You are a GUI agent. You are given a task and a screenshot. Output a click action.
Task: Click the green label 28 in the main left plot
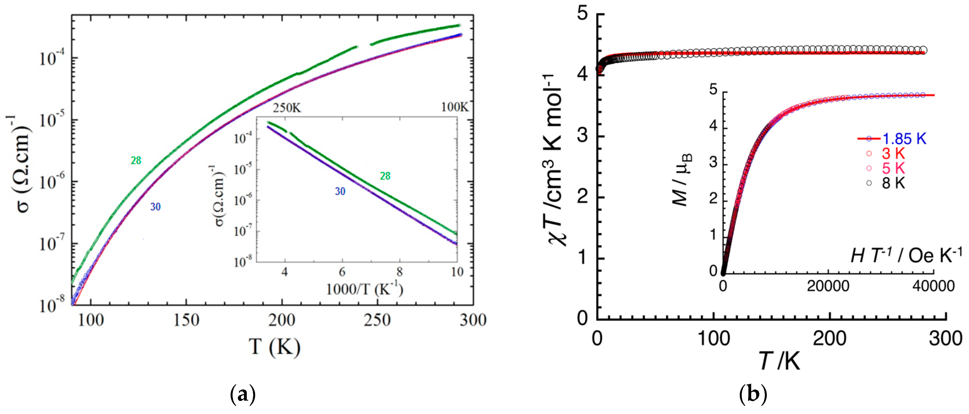tap(136, 161)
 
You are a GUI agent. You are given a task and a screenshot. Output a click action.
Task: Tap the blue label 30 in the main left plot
tap(155, 207)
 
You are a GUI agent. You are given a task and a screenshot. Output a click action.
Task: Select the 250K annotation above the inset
tap(287, 108)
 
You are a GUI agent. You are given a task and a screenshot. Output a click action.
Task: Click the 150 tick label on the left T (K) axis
tap(186, 320)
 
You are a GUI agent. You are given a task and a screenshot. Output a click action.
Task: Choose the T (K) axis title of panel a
tap(274, 347)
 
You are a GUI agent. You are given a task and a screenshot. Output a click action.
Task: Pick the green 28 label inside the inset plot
tap(385, 176)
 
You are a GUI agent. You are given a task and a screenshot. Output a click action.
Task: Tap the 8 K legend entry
tap(894, 183)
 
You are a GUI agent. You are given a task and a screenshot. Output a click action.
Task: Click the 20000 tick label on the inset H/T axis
tap(828, 286)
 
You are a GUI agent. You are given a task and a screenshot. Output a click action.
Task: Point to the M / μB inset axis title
tap(682, 180)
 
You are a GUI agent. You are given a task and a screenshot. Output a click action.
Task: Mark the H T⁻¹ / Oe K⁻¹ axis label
tap(906, 256)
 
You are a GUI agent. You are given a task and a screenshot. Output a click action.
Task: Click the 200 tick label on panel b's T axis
tap(829, 338)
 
